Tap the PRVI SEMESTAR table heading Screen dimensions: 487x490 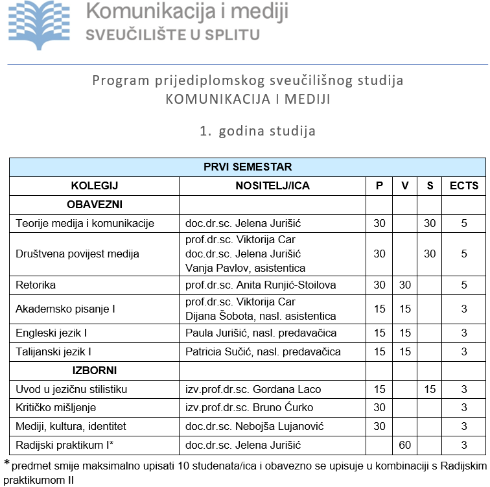tap(247, 167)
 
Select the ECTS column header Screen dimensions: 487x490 tap(463, 186)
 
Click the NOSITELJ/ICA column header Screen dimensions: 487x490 tap(272, 186)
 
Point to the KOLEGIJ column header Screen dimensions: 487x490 tap(95, 186)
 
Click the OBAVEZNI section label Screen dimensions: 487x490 tap(95, 205)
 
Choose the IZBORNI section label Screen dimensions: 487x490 tap(95, 370)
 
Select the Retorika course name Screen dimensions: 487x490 tap(36, 285)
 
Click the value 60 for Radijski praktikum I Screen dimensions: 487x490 tap(405, 445)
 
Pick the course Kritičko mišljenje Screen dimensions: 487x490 tap(56, 408)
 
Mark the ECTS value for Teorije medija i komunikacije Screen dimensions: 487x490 tap(463, 224)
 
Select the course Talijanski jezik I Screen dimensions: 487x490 tap(53, 352)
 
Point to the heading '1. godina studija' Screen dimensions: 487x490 tap(258, 131)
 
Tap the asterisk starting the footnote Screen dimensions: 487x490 tap(7, 464)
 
